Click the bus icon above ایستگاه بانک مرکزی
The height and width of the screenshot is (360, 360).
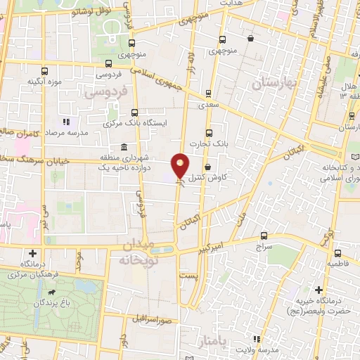135,112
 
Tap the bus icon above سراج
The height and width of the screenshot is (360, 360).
264,236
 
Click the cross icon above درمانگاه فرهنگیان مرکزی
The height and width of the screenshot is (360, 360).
32,253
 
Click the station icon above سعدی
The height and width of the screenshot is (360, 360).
207,92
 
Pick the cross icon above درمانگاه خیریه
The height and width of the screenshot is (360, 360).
319,289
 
